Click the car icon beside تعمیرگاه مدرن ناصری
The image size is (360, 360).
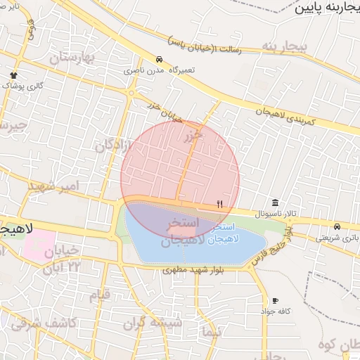point(160,60)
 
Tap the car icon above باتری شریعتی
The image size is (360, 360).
point(337,226)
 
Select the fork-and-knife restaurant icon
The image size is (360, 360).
point(219,204)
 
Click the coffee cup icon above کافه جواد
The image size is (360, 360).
point(275,300)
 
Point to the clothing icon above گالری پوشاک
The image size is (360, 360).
point(13,75)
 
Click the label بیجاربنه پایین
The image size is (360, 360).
point(325,9)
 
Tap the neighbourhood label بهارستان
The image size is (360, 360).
point(72,58)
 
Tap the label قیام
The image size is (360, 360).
point(100,295)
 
